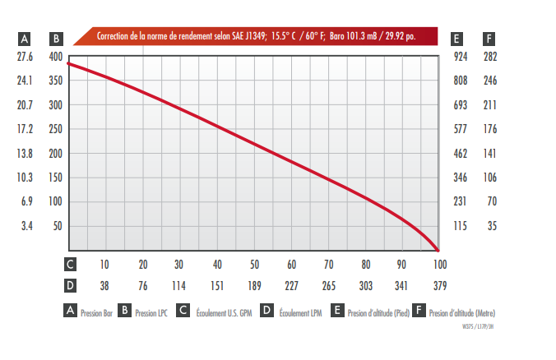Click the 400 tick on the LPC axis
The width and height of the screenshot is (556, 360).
(x=55, y=57)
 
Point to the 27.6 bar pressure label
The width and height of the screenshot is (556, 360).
(x=25, y=57)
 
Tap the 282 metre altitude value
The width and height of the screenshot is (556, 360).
(x=491, y=57)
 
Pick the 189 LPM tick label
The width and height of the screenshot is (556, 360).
(x=255, y=286)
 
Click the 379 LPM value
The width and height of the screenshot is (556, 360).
(x=439, y=286)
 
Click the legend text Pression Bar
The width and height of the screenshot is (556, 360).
(x=97, y=313)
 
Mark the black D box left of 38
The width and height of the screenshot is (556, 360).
(x=71, y=286)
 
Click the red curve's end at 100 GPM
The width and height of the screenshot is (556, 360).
(x=438, y=250)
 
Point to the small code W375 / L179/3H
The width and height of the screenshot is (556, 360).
(x=480, y=326)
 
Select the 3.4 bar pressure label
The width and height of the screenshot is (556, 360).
(x=26, y=226)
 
